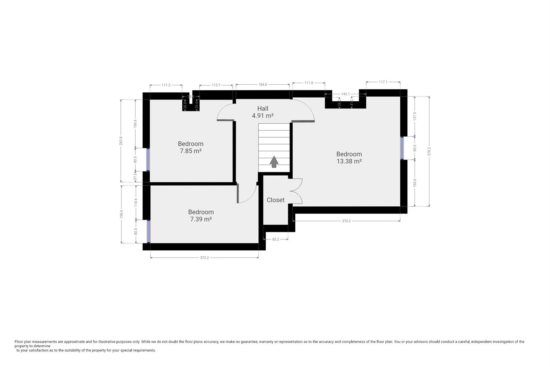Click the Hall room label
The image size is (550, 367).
(x=262, y=108)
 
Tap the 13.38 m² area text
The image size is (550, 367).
(x=349, y=161)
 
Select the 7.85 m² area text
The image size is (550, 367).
(x=190, y=151)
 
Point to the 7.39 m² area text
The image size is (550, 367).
(x=201, y=219)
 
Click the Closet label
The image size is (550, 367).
(x=275, y=200)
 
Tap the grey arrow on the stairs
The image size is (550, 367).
(x=274, y=162)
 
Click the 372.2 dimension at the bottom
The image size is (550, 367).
(x=204, y=258)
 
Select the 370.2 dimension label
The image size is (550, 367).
(x=346, y=221)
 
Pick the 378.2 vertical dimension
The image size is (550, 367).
(x=429, y=151)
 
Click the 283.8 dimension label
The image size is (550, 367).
(x=121, y=141)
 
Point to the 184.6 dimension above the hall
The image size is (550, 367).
(x=263, y=84)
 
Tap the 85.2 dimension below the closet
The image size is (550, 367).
(x=275, y=239)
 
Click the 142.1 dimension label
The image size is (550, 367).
(x=345, y=94)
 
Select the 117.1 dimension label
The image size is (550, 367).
(x=383, y=82)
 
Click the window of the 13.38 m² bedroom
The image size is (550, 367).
(x=402, y=148)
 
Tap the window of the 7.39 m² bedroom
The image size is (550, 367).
(x=148, y=231)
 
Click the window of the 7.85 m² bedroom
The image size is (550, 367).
(x=148, y=160)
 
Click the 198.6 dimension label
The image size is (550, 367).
(x=121, y=214)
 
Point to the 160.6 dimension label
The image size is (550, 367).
(x=415, y=182)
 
